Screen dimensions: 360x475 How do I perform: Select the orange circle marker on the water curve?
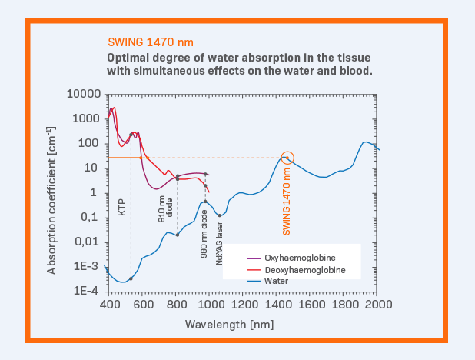pos(287,158)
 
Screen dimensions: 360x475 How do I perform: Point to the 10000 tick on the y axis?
pos(82,94)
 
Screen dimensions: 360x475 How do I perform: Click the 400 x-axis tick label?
pos(108,305)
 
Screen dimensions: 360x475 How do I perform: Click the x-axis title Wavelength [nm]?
pos(228,324)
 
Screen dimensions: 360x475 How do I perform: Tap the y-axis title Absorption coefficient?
pos(52,192)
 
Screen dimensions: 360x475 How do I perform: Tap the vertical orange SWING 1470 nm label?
pos(287,203)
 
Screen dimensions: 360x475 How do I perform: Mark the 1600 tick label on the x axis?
pos(311,305)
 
